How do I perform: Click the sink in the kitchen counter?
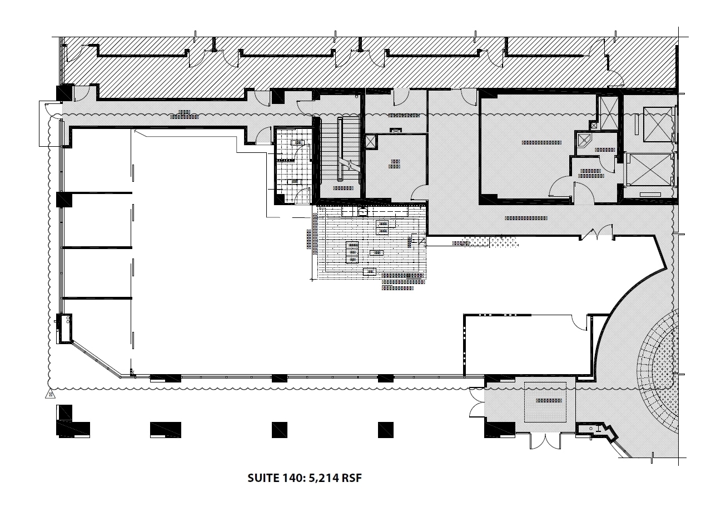[x=362, y=212]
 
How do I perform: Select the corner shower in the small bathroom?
[x=584, y=141]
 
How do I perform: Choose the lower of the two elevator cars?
[x=649, y=170]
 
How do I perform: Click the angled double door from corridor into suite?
[x=598, y=233]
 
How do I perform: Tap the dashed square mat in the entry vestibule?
[x=546, y=401]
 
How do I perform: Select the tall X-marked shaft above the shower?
[x=606, y=112]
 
